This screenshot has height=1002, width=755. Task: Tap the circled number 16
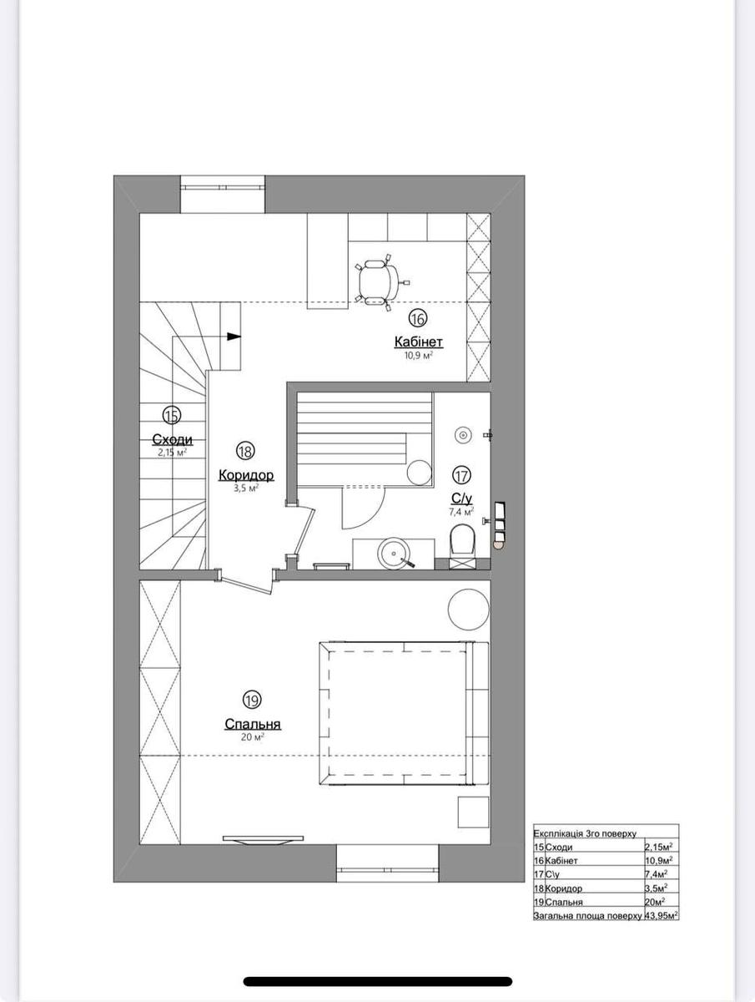pos(417,317)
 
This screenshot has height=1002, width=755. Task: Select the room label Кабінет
pos(418,342)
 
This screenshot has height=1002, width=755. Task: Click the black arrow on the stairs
pos(234,337)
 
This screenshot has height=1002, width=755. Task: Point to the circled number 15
pos(172,414)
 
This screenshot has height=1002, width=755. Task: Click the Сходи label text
pos(172,439)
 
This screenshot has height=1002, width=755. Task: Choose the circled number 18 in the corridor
pos(245,451)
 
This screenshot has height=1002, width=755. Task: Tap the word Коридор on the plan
pos(245,475)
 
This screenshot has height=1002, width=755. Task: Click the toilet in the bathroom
pos(461,544)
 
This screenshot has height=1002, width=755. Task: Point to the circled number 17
pos(461,475)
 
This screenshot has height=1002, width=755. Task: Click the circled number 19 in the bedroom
pos(251,700)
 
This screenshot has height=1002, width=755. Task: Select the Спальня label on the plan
pos(252,724)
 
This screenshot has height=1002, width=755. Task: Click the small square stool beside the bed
pos(473,812)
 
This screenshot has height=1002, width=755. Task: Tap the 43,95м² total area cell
pos(660,916)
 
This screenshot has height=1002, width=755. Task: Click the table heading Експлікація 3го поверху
pos(585,832)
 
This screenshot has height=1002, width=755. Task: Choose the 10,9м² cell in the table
pos(659,860)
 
